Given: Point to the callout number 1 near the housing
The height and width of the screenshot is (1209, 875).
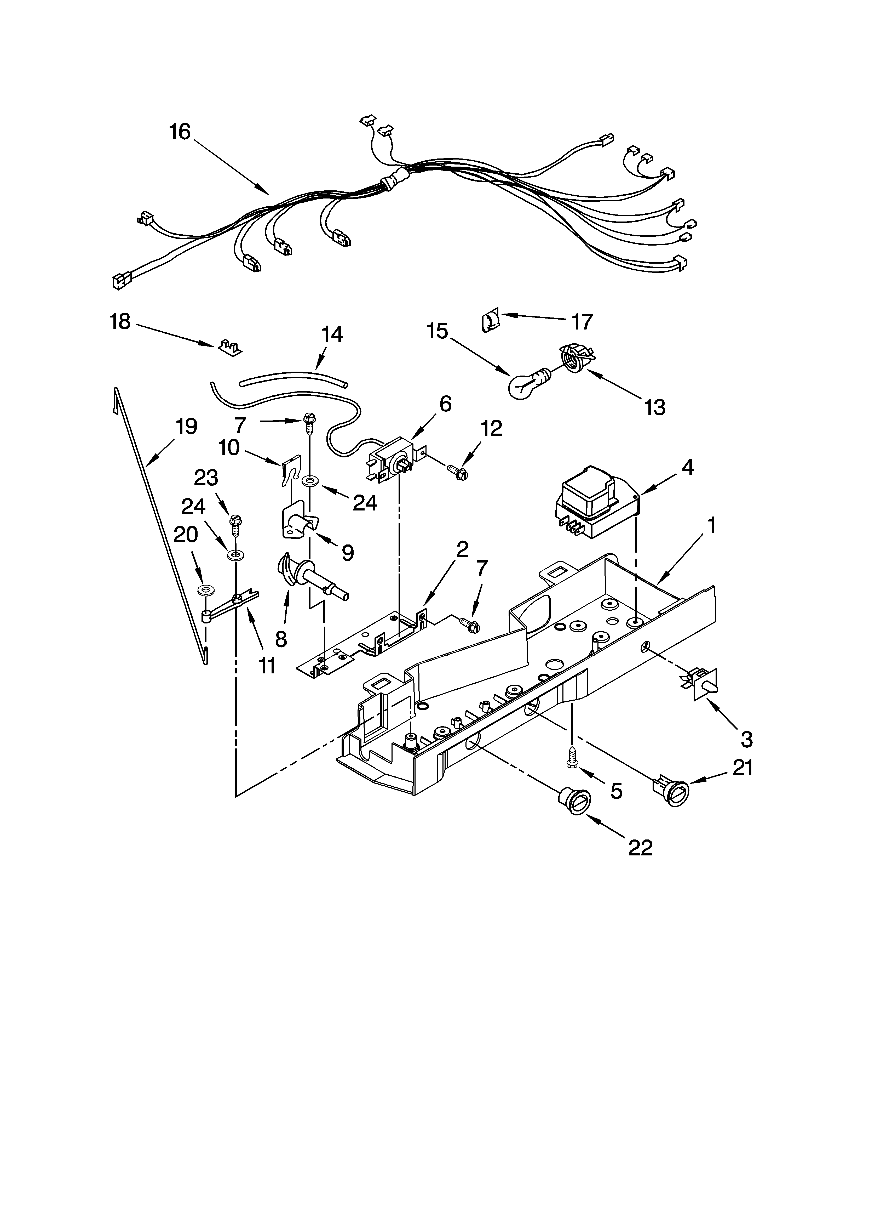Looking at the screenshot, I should coord(711,527).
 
